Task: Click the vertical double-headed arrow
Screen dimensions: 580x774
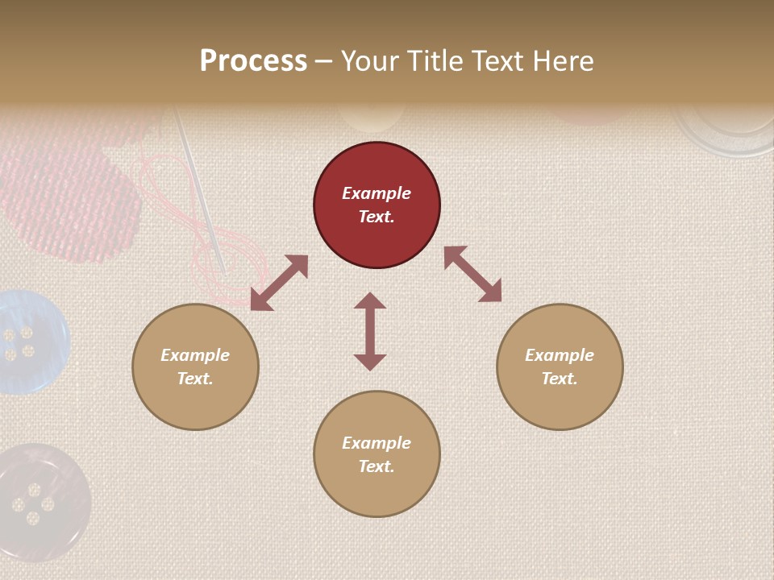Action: point(370,331)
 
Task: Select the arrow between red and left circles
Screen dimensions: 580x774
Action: point(279,283)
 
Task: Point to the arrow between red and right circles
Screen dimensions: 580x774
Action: point(472,274)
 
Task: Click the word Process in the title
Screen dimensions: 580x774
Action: point(253,61)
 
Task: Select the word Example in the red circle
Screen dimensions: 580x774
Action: point(377,193)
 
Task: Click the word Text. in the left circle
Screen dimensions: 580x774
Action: point(195,379)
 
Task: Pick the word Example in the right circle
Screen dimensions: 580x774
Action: point(560,355)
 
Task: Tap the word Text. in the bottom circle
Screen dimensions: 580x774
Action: point(377,466)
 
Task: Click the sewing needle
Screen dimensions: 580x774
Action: point(202,193)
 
